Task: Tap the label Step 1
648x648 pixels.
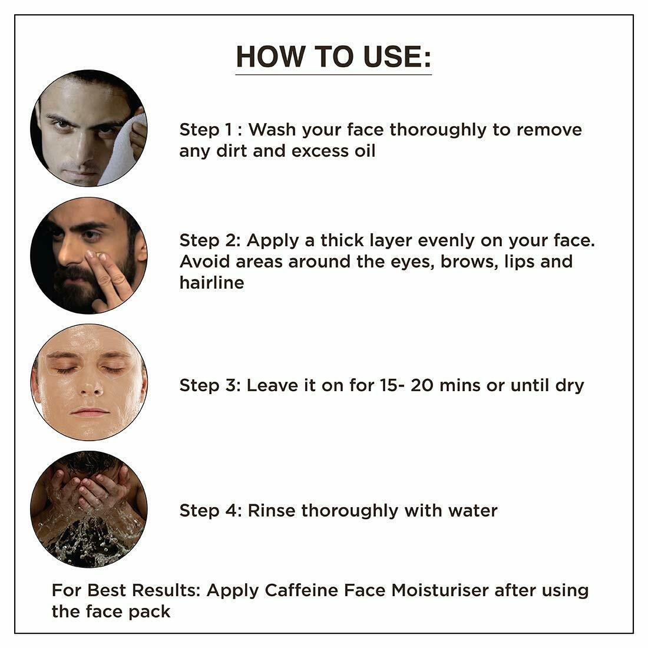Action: point(206,130)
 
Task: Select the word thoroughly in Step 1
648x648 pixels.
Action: point(438,130)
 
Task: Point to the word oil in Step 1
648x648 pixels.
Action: point(365,151)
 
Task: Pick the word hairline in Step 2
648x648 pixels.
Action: point(211,283)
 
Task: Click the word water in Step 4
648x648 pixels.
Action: point(473,511)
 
